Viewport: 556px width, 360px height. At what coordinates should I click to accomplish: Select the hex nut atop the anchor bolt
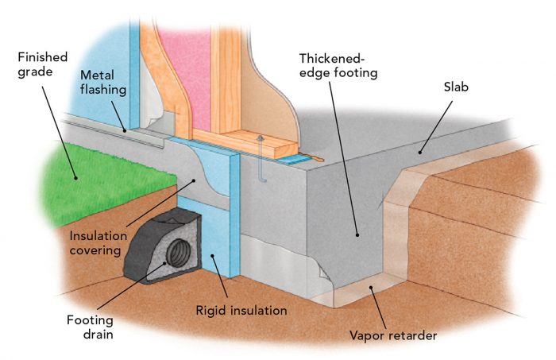(261, 141)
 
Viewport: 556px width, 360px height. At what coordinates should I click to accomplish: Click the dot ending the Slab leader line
(420, 150)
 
